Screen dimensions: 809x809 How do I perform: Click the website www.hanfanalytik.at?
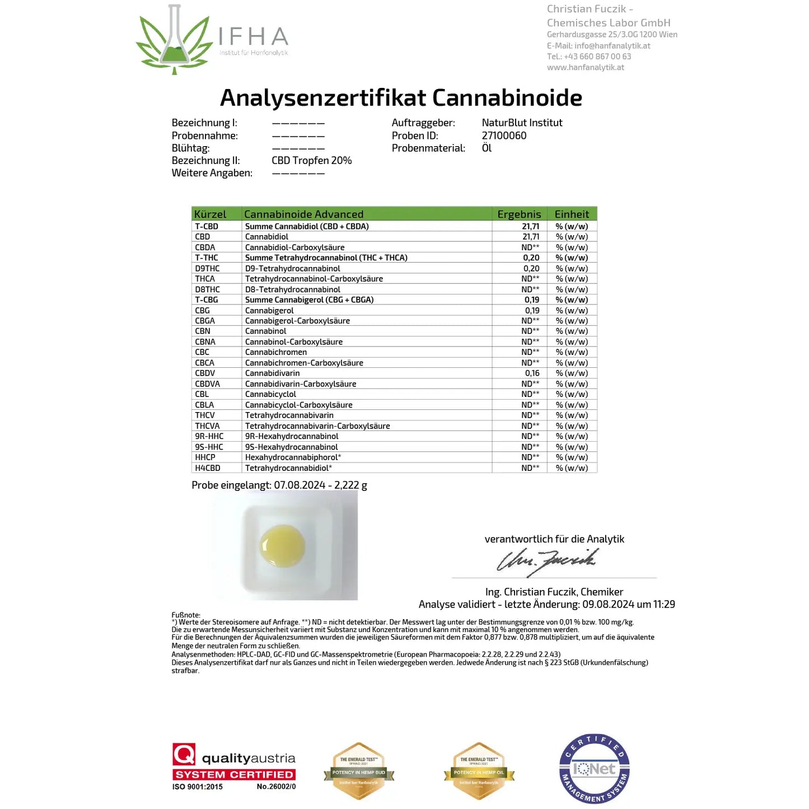[585, 67]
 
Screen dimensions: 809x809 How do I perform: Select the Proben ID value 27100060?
[504, 135]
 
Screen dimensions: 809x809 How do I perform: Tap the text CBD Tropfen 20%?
[311, 161]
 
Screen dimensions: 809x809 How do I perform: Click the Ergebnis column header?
[519, 214]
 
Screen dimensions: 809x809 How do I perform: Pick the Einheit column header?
[572, 214]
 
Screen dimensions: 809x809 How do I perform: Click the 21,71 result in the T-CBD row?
[530, 226]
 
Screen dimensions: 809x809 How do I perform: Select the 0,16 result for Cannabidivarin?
[532, 373]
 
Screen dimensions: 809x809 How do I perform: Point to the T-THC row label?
[207, 258]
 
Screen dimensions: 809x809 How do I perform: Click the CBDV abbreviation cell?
[205, 373]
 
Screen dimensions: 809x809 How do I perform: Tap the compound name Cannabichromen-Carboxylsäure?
[304, 363]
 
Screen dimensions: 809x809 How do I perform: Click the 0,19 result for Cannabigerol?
[532, 311]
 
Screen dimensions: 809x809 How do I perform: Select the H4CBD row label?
[208, 468]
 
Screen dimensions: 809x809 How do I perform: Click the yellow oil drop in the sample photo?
[282, 545]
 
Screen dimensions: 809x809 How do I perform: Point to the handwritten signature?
[547, 560]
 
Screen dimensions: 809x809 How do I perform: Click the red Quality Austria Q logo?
[184, 754]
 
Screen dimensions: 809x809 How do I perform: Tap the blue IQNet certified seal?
[595, 769]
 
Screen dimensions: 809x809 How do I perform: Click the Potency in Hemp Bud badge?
[359, 771]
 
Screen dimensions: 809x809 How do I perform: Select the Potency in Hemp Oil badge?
[479, 771]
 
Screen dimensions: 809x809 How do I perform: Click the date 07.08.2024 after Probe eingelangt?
[300, 485]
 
